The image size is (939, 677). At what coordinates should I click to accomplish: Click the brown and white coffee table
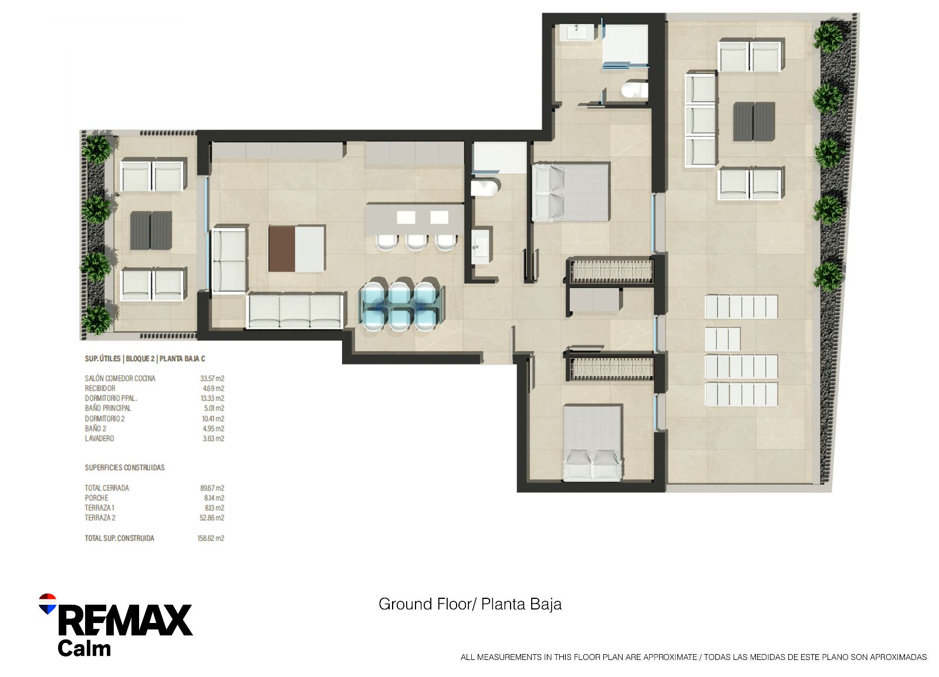point(297,249)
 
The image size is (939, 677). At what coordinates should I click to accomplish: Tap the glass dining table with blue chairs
point(401,305)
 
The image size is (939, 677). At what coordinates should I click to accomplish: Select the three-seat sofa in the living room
point(295,311)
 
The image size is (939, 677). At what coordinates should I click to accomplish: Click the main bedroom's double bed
point(570,192)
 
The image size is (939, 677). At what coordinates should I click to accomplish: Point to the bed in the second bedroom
point(592,443)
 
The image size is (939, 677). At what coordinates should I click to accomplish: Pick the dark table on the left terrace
point(151,231)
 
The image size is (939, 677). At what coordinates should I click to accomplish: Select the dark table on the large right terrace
point(754,122)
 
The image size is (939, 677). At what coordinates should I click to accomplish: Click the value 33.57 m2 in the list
point(212,378)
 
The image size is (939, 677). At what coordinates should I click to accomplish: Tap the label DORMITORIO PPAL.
point(111,398)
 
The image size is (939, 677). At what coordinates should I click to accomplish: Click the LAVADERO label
point(99,439)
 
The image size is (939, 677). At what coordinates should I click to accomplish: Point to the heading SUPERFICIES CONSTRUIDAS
point(124,467)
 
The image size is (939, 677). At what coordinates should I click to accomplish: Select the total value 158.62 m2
point(211,538)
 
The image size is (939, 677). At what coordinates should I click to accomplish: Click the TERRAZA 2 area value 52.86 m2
point(212,518)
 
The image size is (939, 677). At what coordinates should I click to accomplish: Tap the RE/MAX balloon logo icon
point(48,604)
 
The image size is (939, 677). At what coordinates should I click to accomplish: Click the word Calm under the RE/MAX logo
point(85,648)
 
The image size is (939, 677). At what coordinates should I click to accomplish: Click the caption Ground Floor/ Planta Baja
point(470,604)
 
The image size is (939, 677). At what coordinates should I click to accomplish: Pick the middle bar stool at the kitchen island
point(416,242)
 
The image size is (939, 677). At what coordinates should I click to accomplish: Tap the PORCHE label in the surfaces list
point(96,498)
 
